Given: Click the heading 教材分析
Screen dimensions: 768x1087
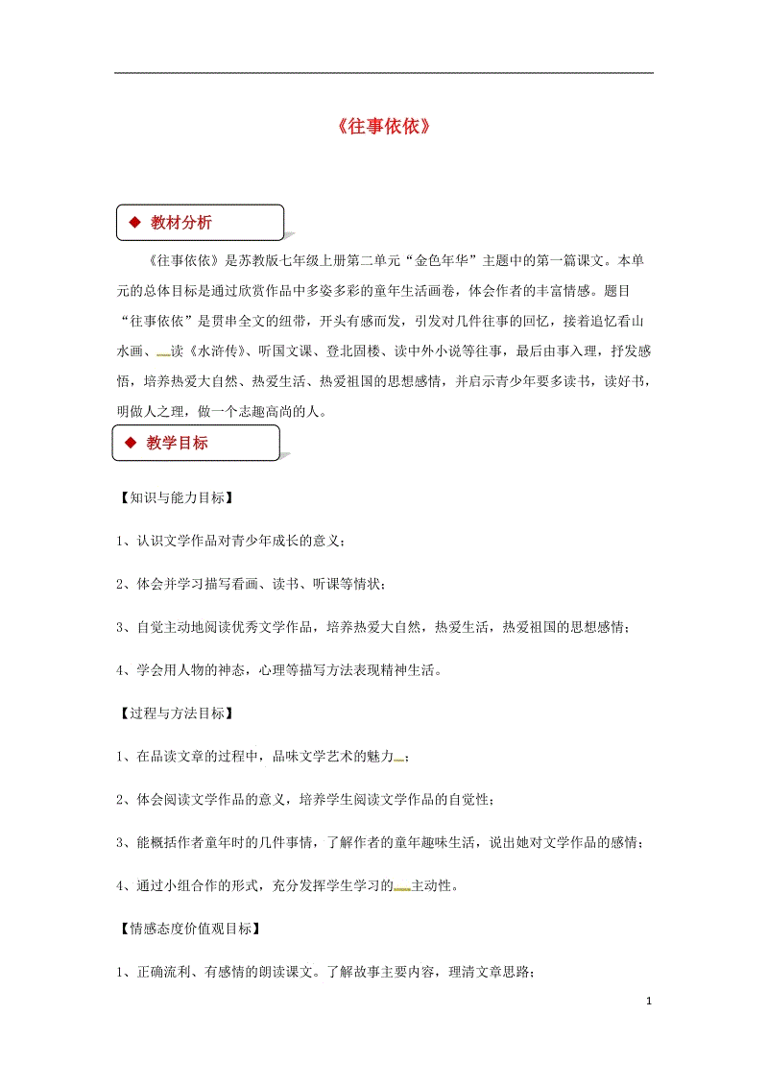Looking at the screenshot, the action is coord(181,223).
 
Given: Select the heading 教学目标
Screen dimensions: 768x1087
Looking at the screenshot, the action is coord(178,443).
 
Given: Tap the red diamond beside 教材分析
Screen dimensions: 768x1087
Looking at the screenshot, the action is coord(133,223).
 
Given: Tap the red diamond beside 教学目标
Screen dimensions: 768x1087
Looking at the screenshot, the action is coord(130,443).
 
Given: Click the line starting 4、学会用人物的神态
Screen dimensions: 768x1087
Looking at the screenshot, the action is coord(279,670).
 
